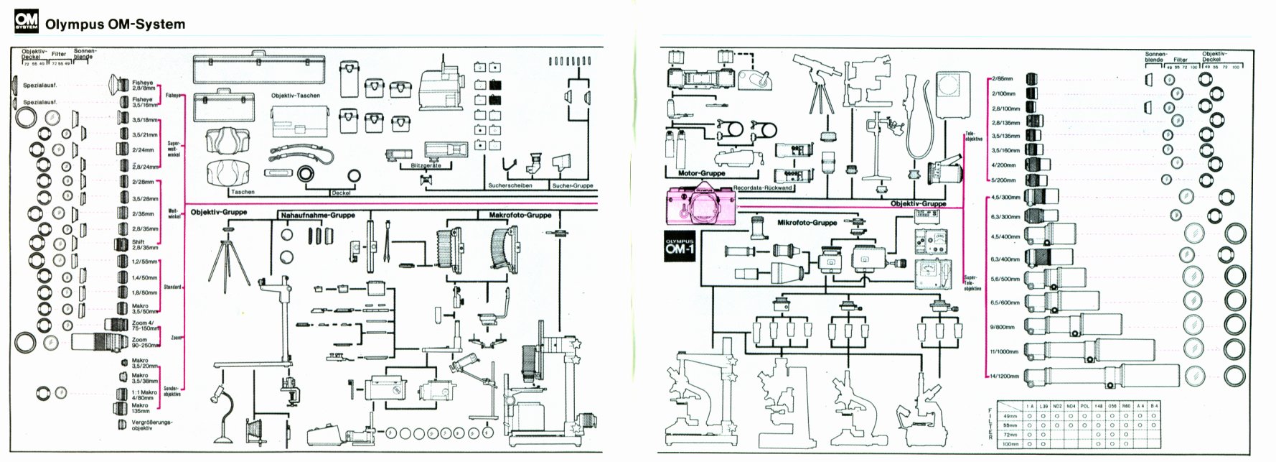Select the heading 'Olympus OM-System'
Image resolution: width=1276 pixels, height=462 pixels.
click(x=115, y=24)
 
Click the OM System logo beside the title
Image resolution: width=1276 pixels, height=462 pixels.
click(x=26, y=23)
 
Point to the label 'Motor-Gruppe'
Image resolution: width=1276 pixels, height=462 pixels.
click(x=701, y=173)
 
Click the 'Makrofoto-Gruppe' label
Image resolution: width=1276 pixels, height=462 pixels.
click(x=520, y=215)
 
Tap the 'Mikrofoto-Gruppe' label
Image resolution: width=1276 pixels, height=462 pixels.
click(x=807, y=223)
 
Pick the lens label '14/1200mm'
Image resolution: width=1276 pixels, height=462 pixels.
click(x=1003, y=376)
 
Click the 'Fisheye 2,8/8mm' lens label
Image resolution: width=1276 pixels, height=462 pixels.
click(x=142, y=84)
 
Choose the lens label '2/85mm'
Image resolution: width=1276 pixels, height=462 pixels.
click(x=1003, y=78)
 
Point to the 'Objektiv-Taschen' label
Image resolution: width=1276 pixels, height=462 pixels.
click(x=295, y=95)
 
